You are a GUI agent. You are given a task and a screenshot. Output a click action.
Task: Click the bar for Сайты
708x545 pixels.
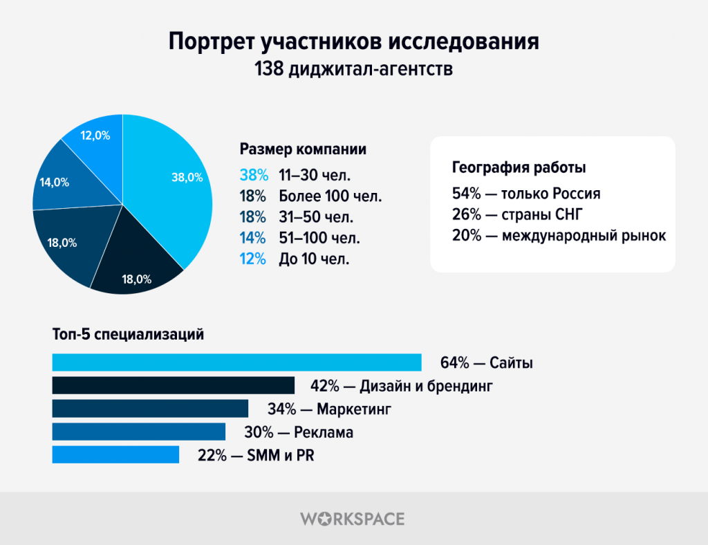point(236,362)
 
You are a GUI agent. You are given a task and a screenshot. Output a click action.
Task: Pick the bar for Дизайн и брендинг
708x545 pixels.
point(173,385)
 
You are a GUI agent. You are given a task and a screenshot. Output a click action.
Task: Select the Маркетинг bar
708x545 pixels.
point(150,409)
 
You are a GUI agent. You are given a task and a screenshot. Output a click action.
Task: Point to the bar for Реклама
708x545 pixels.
point(138,432)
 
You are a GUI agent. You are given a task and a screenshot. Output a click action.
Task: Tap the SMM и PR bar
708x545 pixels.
point(115,454)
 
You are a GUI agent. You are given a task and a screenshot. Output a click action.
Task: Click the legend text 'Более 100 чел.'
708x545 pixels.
point(330,196)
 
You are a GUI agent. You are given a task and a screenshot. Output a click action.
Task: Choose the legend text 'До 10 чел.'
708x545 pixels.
point(314,259)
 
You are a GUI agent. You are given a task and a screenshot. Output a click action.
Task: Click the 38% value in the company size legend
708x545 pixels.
point(253,174)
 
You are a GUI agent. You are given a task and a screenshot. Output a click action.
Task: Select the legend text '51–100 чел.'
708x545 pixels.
point(319,238)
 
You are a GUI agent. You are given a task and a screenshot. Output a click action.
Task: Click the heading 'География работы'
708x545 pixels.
point(519,167)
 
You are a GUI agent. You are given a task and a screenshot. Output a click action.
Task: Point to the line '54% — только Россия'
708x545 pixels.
point(525,193)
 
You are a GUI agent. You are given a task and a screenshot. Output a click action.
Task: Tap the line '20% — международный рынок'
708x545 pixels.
point(559,236)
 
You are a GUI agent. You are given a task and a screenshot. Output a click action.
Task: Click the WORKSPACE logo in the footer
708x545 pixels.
point(353,519)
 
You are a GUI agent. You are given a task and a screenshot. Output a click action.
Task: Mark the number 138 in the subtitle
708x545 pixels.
point(272,70)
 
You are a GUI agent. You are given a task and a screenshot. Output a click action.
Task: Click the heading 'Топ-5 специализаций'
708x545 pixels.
point(128,335)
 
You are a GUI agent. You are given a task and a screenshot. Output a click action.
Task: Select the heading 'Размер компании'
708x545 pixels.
point(303,149)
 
